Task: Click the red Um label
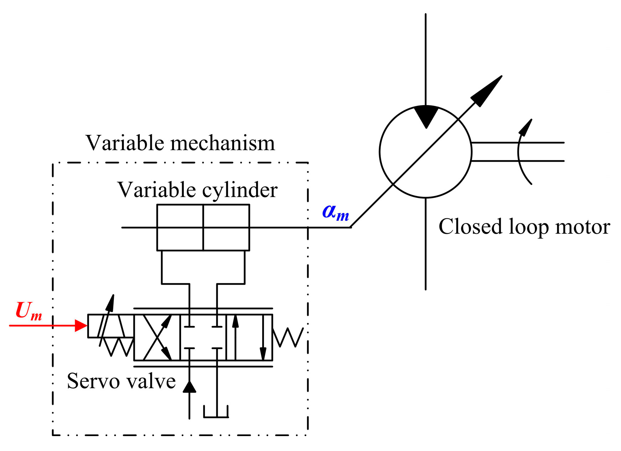click(28, 311)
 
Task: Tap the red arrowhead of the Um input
click(81, 325)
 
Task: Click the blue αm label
click(335, 212)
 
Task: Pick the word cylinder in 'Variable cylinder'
click(240, 190)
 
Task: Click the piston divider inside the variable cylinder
click(203, 227)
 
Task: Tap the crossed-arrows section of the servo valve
click(157, 337)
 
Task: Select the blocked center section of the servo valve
click(203, 337)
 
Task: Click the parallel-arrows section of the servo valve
click(249, 337)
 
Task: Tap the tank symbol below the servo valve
click(216, 412)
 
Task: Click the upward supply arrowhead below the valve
click(189, 387)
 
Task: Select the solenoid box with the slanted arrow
click(110, 325)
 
